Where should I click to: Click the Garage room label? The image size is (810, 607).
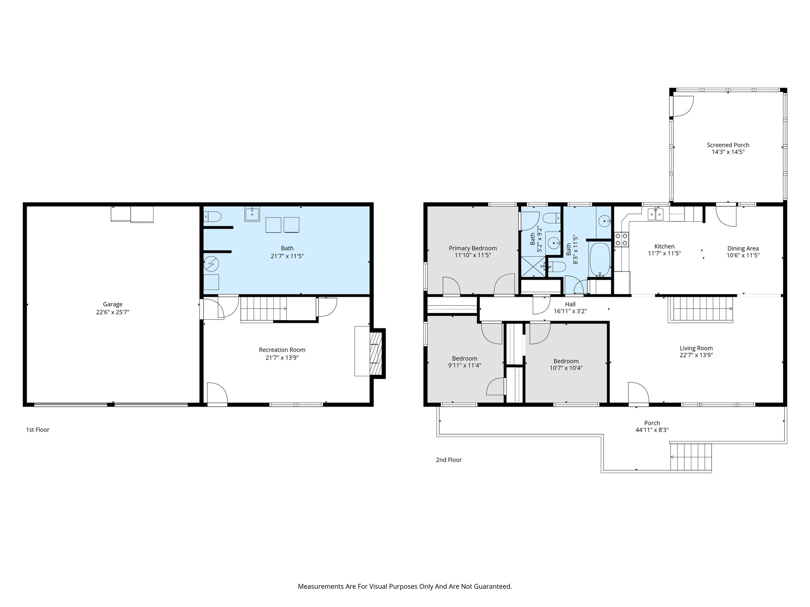[x=113, y=304]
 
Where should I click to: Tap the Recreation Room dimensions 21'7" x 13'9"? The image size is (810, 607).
[x=282, y=358]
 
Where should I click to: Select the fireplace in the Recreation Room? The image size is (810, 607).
[x=376, y=353]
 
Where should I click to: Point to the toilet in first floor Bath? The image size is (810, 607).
[x=212, y=217]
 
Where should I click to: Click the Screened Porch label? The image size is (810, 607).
[x=728, y=145]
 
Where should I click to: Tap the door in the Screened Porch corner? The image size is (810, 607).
[x=683, y=106]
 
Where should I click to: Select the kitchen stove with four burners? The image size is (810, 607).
[x=621, y=240]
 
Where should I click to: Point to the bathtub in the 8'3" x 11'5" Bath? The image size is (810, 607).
[x=600, y=260]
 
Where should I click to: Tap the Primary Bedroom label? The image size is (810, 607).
[x=473, y=248]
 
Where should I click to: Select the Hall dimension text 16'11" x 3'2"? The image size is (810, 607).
[x=570, y=311]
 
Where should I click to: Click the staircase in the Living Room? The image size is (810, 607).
[x=700, y=309]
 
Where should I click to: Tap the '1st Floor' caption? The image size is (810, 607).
[x=38, y=430]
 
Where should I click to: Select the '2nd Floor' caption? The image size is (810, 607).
[x=449, y=460]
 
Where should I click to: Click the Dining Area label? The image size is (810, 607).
[x=743, y=248]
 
